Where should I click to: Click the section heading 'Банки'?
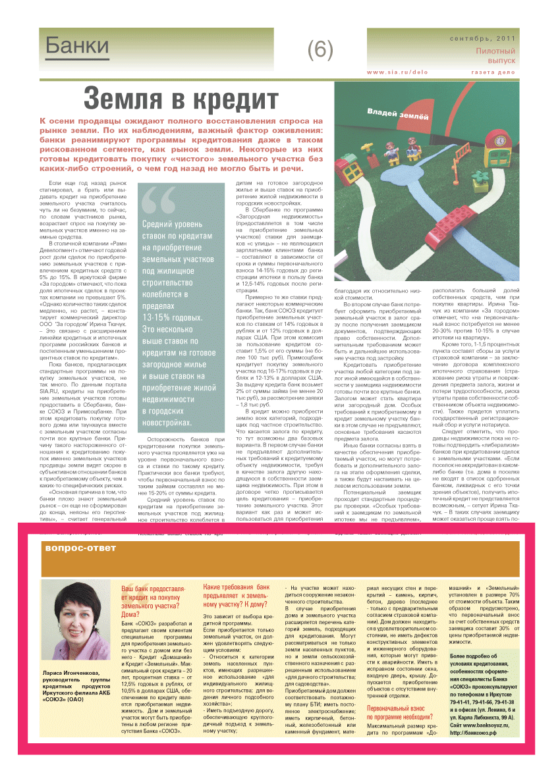click(x=77, y=45)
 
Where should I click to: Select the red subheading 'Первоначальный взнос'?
click(x=399, y=710)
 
